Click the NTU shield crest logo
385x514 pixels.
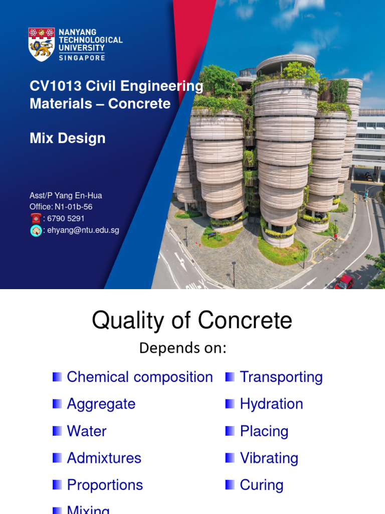click(42, 44)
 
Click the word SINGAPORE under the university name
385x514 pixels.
click(82, 58)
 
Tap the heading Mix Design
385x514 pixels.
click(68, 138)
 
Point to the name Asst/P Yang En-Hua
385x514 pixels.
click(66, 196)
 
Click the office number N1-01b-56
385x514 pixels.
click(74, 207)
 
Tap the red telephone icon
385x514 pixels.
click(36, 218)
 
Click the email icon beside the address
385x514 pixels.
click(36, 230)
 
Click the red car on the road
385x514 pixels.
click(344, 282)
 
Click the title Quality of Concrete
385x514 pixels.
click(192, 320)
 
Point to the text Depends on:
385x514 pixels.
click(182, 348)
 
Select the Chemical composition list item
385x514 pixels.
click(140, 377)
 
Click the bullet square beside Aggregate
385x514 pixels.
click(57, 404)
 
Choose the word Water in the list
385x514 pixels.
click(87, 431)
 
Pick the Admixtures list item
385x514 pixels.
click(104, 458)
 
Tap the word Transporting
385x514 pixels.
click(281, 377)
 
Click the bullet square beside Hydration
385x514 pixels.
click(230, 404)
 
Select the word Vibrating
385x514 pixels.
click(269, 458)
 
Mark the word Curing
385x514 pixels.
click(262, 485)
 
